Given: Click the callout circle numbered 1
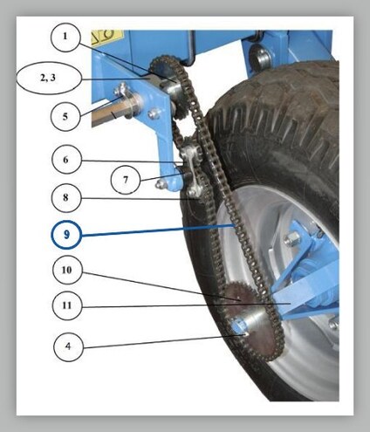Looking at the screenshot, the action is click(65, 38).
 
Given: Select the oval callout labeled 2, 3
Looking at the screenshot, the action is click(48, 79).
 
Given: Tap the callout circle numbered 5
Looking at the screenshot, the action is click(65, 116).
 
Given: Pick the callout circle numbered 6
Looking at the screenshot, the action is click(66, 160).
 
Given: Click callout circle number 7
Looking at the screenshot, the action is click(126, 180).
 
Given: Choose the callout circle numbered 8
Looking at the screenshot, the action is click(65, 197).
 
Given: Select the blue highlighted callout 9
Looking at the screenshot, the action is click(66, 235).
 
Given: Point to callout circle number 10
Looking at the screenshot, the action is click(67, 270).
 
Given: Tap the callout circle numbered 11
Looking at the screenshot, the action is click(67, 305).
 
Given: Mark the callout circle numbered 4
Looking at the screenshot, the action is click(68, 346).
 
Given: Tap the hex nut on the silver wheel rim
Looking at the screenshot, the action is click(291, 239).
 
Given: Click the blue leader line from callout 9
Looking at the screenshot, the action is click(157, 230).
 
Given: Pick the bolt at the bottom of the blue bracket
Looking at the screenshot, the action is click(161, 184).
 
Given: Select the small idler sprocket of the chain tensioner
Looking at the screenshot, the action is click(190, 151).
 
